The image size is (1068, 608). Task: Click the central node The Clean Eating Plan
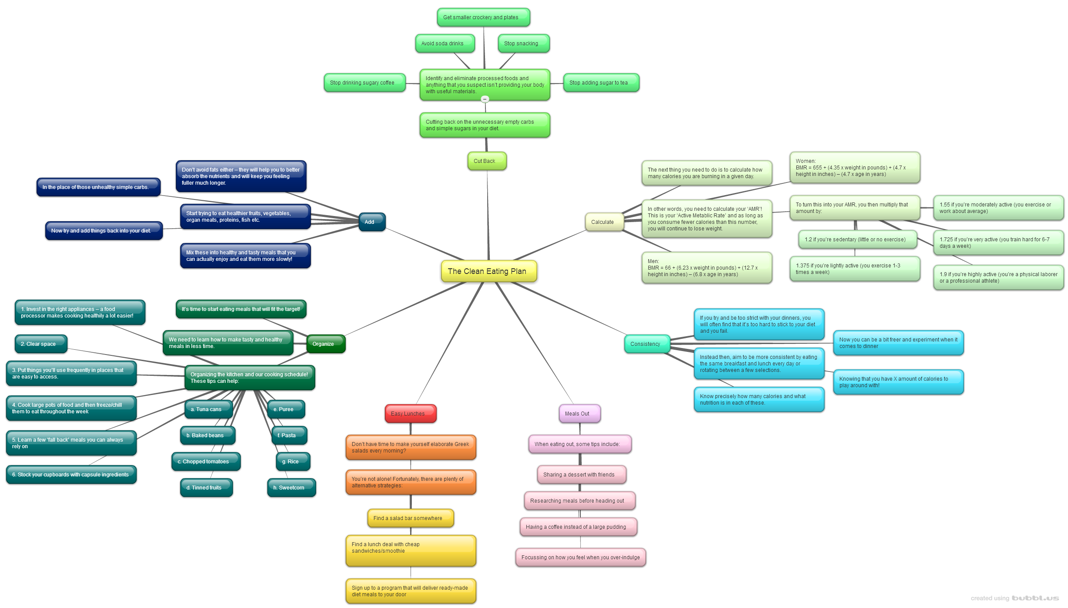489,271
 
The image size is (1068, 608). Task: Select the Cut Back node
486,161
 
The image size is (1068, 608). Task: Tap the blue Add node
371,222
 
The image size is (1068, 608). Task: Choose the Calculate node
604,222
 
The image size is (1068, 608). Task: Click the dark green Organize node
325,344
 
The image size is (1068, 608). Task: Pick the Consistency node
647,344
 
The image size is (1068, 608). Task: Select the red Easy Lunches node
410,414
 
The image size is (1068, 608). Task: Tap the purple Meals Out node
579,414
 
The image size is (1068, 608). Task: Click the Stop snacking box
523,44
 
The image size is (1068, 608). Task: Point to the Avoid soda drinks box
445,44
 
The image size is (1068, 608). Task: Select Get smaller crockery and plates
483,17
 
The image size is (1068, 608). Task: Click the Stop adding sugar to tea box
601,83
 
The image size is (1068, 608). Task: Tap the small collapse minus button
485,99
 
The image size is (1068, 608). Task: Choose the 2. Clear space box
40,344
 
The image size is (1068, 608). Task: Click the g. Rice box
293,462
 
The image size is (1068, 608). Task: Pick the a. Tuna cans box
208,409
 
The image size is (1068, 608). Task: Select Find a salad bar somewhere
410,518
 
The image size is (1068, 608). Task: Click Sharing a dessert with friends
581,475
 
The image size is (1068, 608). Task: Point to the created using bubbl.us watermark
1014,598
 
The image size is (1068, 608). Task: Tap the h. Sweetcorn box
291,488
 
